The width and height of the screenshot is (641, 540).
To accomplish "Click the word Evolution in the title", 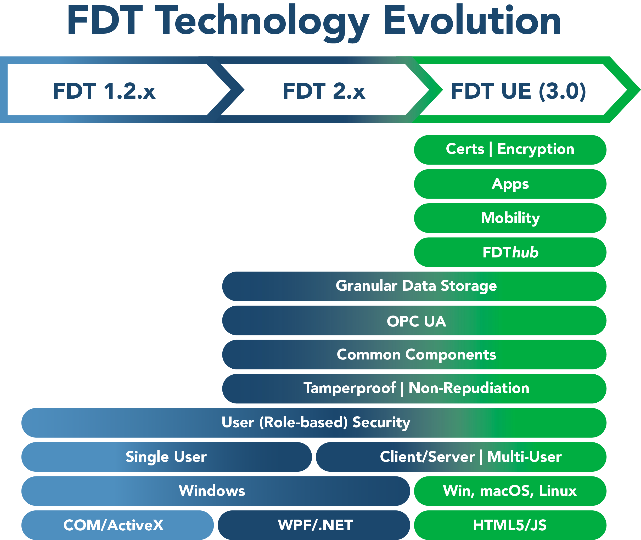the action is tap(472, 21).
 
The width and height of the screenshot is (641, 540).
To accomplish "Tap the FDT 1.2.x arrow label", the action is tap(104, 91).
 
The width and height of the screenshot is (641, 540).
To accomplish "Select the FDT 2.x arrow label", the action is tap(324, 91).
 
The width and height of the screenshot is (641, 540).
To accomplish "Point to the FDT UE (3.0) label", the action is tap(519, 91).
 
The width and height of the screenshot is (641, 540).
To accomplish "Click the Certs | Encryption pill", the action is tap(510, 150).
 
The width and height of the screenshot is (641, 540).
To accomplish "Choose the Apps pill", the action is tap(510, 184).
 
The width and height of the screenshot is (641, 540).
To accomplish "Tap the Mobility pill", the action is tap(510, 218).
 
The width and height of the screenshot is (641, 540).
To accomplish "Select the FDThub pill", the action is tap(510, 252).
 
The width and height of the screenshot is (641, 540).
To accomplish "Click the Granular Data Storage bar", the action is tap(414, 286).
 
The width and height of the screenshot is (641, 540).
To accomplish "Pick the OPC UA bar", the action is tap(414, 320).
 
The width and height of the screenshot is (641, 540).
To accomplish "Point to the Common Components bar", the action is tap(414, 355).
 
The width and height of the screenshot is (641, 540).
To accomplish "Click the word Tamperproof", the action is tap(350, 389).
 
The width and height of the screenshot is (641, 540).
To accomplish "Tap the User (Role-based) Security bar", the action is tap(314, 423).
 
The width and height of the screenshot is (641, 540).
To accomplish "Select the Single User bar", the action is tap(166, 457).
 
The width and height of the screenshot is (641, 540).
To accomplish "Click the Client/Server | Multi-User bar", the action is tap(461, 457).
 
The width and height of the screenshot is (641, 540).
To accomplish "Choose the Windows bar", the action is tap(216, 491).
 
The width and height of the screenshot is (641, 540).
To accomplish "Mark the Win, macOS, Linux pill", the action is tap(510, 491).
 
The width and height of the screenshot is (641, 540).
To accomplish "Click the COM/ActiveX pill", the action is tap(117, 525).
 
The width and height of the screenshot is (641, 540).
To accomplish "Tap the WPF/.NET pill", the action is tap(314, 525).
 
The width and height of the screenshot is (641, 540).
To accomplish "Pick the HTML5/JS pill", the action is tap(510, 525).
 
